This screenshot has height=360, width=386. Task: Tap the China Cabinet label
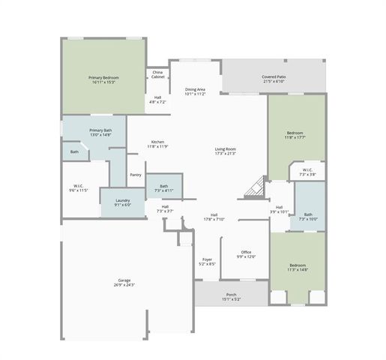click(158, 75)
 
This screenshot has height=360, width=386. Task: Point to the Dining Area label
click(196, 91)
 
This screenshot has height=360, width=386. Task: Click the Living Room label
click(226, 150)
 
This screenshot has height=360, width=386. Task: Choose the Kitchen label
click(158, 143)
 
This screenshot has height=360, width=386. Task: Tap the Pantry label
click(136, 175)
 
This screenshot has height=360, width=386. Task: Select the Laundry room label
click(123, 202)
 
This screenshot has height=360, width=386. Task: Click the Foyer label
click(208, 262)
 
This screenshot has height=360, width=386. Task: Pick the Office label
click(246, 253)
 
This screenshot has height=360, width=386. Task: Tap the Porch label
click(232, 296)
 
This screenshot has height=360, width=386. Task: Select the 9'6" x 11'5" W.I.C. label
click(81, 187)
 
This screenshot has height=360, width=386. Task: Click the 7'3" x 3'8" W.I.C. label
click(308, 172)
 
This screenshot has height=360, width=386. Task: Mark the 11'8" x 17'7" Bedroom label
click(295, 135)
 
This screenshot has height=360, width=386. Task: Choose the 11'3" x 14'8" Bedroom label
click(298, 267)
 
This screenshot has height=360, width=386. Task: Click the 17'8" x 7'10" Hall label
click(214, 217)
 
